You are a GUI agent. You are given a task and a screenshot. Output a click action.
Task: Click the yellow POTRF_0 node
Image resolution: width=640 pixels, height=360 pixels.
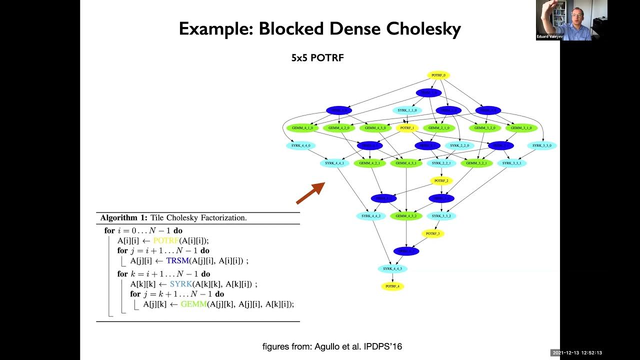pos(438,75)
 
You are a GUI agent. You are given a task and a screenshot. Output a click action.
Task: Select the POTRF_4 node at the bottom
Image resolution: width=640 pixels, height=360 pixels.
pos(392,286)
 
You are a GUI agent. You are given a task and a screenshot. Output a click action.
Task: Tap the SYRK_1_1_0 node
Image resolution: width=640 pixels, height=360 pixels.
pos(406,110)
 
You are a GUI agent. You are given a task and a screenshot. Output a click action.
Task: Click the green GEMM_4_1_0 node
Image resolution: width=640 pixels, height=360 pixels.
pos(302,128)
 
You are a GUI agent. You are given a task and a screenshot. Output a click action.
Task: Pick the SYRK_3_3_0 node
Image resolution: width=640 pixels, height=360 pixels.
pos(541,145)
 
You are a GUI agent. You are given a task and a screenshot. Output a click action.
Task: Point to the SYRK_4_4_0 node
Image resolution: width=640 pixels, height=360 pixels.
pos(300,145)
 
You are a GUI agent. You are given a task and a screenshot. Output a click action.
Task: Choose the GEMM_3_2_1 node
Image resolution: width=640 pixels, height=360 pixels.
pos(476,163)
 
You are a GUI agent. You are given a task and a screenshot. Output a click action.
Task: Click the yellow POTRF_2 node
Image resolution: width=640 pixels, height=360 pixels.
pos(441,180)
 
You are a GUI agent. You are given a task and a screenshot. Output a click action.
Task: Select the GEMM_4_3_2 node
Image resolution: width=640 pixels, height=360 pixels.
pos(406,216)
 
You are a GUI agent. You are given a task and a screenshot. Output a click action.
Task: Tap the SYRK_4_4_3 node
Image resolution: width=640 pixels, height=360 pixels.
pos(392,269)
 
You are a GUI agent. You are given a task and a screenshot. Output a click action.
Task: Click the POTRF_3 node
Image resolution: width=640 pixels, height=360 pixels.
pos(432,233)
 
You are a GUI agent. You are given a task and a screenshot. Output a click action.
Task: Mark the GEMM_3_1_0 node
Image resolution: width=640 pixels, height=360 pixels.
pos(521,128)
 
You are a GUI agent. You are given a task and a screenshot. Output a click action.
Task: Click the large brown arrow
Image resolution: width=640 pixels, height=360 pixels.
pos(310,193)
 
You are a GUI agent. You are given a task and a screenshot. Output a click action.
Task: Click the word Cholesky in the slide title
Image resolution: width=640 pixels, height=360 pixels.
pos(423,29)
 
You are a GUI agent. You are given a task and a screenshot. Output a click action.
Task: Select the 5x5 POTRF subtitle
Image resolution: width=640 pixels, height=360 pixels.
pos(317,58)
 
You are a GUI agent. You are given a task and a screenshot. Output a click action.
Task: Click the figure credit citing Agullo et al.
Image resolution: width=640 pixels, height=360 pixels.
pos(332,346)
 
